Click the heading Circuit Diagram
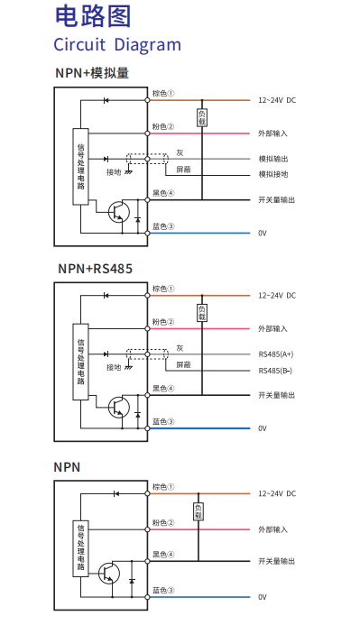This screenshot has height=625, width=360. click(117, 45)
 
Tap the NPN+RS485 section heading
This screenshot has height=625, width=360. click(95, 269)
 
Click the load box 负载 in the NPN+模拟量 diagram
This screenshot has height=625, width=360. click(202, 117)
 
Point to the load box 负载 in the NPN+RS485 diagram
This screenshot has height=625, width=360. click(202, 313)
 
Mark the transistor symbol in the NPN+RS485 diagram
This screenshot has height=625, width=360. click(118, 408)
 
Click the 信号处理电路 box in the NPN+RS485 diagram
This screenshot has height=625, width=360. click(81, 361)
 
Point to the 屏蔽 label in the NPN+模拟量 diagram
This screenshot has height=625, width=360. click(183, 169)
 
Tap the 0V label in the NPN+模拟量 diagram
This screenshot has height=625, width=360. click(263, 233)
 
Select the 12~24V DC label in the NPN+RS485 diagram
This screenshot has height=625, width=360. click(277, 295)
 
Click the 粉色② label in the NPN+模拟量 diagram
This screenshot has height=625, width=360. click(162, 127)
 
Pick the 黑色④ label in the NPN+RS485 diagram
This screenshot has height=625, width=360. click(162, 389)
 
